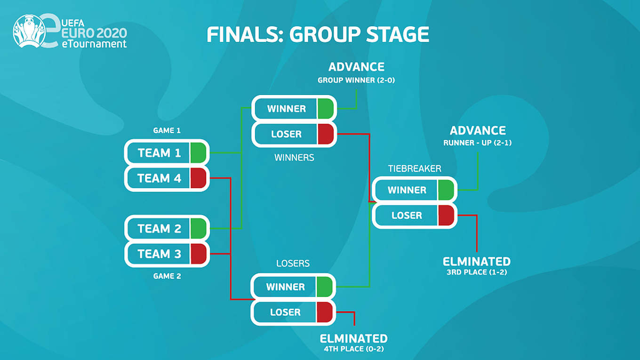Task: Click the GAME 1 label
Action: (x=167, y=130)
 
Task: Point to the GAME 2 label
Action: (x=167, y=276)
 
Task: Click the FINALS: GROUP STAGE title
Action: (x=318, y=35)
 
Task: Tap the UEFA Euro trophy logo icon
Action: (x=29, y=31)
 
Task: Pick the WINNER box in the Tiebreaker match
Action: (x=407, y=190)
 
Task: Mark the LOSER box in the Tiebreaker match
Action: (x=407, y=216)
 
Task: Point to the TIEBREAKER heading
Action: (x=414, y=168)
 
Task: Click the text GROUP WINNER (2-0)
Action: (x=356, y=80)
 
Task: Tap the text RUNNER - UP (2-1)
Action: (x=477, y=143)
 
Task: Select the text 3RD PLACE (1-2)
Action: (x=477, y=272)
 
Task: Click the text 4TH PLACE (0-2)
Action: (x=353, y=349)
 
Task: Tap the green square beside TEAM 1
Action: (x=199, y=153)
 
